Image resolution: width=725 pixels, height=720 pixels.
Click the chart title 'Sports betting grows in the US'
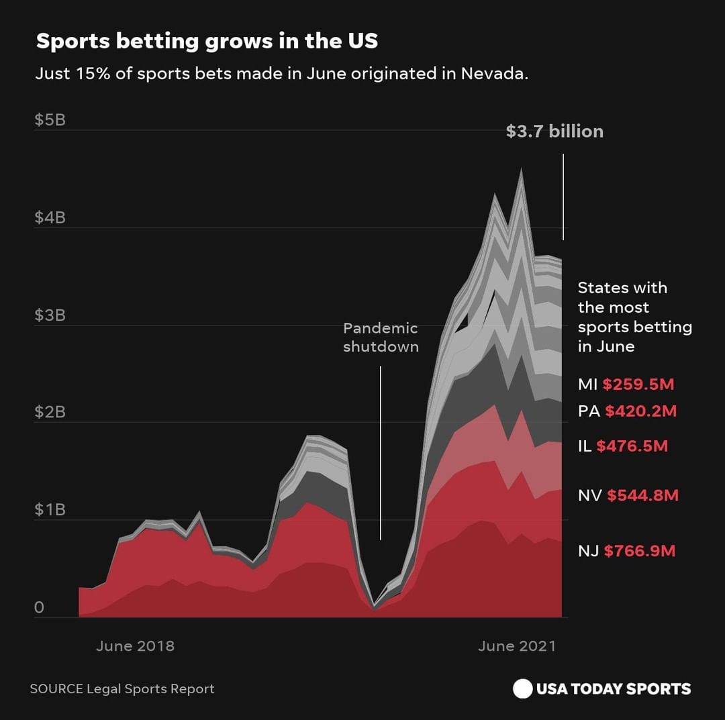point(207,42)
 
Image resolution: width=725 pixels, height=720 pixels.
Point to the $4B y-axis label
point(50,217)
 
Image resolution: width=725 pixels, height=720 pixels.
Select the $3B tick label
point(50,315)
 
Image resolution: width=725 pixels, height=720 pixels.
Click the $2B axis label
point(50,412)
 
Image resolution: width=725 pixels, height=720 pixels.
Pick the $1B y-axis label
point(50,509)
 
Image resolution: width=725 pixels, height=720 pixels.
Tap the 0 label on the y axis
point(39,607)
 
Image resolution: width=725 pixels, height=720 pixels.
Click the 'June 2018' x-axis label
point(135,646)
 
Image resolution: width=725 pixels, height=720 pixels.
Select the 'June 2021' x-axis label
point(517,646)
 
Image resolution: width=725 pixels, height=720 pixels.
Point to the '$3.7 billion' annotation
point(554,132)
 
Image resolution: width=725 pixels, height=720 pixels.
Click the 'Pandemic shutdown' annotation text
point(381,338)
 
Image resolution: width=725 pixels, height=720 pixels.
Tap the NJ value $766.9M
point(640,552)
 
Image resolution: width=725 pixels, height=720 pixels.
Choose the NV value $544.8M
point(642,496)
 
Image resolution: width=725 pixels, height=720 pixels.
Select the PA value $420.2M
point(640,411)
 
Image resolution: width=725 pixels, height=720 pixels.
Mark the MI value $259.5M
point(638,384)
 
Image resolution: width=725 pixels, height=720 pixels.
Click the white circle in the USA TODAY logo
point(522,689)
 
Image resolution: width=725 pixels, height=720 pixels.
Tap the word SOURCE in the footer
point(56,689)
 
